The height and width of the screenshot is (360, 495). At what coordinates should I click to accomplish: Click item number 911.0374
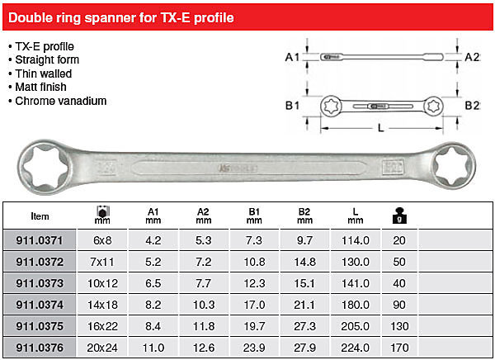click(40, 305)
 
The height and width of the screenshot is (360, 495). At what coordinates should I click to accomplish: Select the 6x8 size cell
click(102, 240)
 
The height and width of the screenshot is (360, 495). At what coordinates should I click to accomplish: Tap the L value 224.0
click(355, 348)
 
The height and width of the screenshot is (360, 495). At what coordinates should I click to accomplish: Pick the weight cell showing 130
click(399, 326)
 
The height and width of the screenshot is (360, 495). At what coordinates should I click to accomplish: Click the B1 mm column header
click(254, 216)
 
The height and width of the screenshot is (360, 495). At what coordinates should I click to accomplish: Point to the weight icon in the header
click(399, 216)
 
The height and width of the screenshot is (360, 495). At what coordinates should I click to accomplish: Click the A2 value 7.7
click(203, 283)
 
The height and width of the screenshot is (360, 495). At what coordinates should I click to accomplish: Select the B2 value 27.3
click(304, 326)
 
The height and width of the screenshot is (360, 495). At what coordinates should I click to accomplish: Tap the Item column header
click(40, 216)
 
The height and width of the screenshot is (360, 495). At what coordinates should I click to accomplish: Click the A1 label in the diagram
click(292, 57)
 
